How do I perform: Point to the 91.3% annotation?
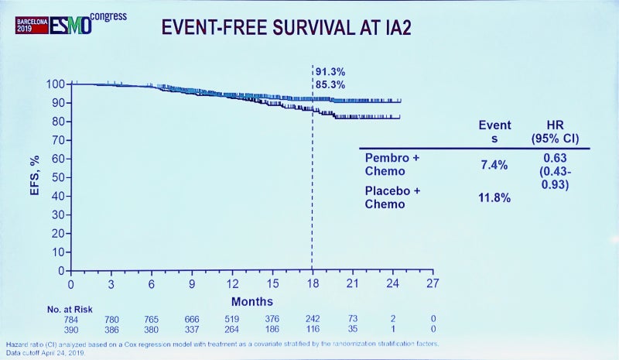click(x=330, y=72)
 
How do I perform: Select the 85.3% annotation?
click(x=330, y=84)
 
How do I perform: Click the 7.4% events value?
click(x=494, y=165)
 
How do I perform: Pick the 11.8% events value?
click(x=494, y=197)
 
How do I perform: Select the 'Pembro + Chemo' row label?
click(x=392, y=165)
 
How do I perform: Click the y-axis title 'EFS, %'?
click(x=35, y=178)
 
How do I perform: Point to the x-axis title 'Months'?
click(x=252, y=300)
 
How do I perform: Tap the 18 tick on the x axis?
click(x=312, y=283)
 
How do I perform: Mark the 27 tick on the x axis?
click(x=433, y=283)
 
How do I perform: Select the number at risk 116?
click(x=312, y=328)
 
